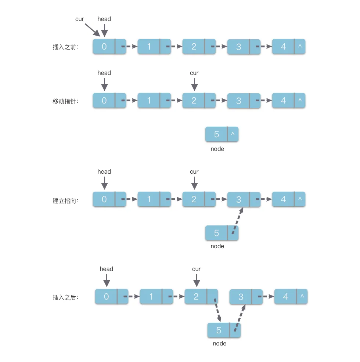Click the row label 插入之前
[66, 47]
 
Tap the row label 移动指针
[66, 101]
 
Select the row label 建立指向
[66, 200]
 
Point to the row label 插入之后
[66, 297]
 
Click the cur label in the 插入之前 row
[80, 19]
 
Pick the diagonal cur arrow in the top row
[92, 30]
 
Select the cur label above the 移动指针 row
[194, 73]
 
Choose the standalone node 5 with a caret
[222, 134]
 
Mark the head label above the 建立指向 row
[104, 172]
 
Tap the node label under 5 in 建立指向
[217, 246]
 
